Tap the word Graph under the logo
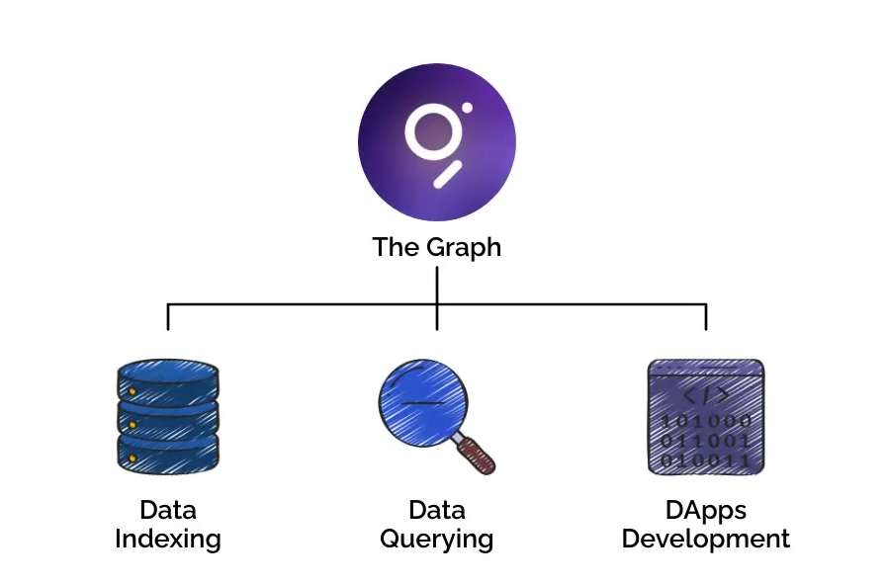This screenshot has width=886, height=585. (462, 247)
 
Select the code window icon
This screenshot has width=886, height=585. (706, 416)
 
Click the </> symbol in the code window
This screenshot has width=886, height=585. (706, 396)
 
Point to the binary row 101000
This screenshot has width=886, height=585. (706, 421)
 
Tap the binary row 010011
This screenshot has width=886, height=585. (706, 459)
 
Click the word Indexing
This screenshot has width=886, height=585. (167, 540)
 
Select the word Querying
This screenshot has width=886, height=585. (436, 540)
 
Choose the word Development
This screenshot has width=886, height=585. (706, 540)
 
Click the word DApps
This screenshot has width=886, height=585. (706, 511)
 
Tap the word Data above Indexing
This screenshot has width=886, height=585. (167, 511)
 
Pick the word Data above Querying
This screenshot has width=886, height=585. (436, 511)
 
